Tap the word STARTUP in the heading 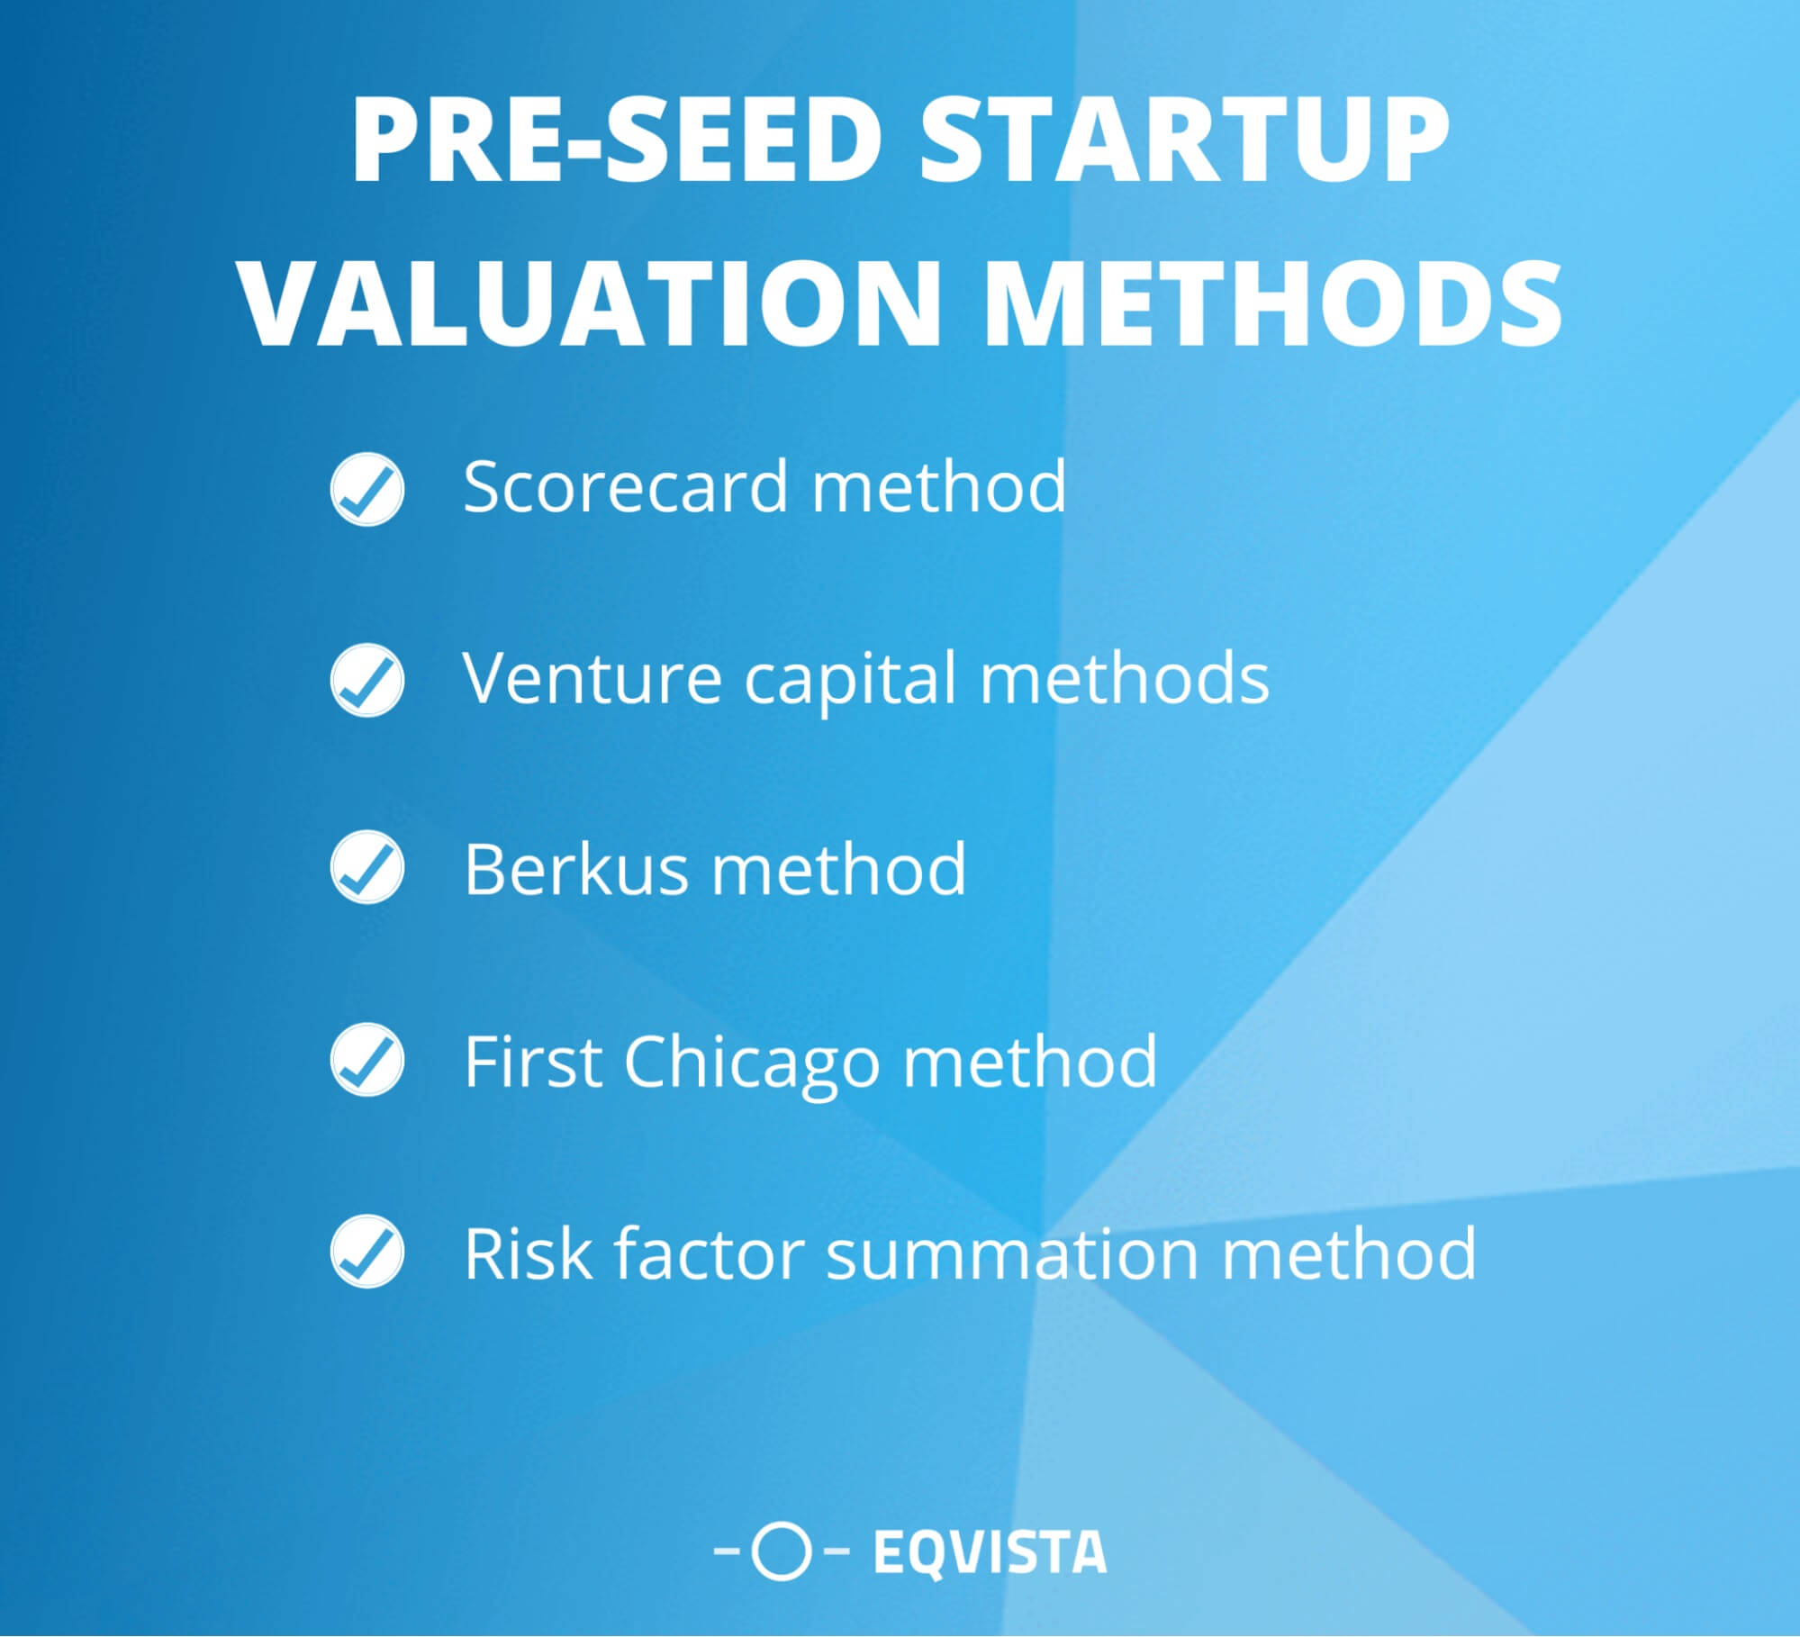pos(1183,142)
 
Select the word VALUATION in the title pos(591,302)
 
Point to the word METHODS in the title pos(1273,302)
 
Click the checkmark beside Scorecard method pos(367,489)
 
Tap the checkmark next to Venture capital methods pos(367,680)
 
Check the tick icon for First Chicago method pos(367,1061)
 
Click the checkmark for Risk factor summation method pos(367,1252)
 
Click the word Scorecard pos(626,487)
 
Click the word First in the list pos(533,1061)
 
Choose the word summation pos(1012,1253)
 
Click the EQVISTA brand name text pos(990,1552)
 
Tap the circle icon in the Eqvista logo pos(781,1552)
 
